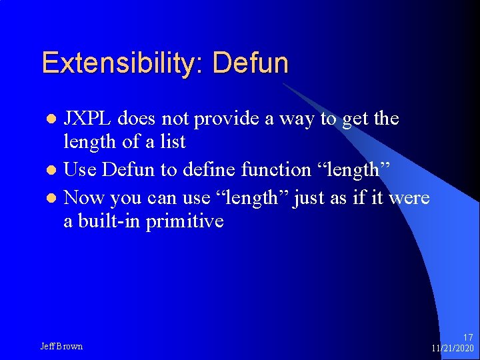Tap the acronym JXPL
89,119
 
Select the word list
171,142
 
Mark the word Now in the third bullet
84,197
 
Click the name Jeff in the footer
48,346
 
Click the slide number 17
467,337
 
